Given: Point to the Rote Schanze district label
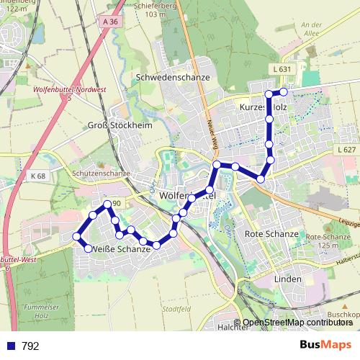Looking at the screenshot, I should point(271,234).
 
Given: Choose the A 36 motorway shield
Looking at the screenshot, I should point(110,22).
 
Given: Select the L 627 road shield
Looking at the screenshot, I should point(346,150).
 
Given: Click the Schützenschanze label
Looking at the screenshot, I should point(101,174).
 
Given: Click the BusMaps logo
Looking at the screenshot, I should point(325,346).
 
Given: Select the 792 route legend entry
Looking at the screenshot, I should point(22,346).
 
